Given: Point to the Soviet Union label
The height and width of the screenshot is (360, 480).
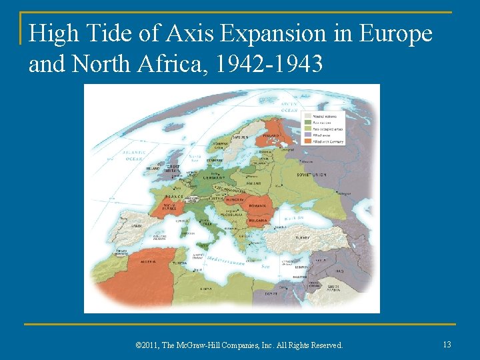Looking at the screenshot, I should click(x=312, y=175).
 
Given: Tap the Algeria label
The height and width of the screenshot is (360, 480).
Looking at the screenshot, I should click(x=148, y=261).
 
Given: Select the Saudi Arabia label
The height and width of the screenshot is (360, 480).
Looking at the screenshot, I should click(x=333, y=287).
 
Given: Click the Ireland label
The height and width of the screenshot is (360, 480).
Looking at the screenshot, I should click(x=153, y=169).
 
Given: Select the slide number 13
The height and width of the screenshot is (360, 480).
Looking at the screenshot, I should click(x=447, y=344).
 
